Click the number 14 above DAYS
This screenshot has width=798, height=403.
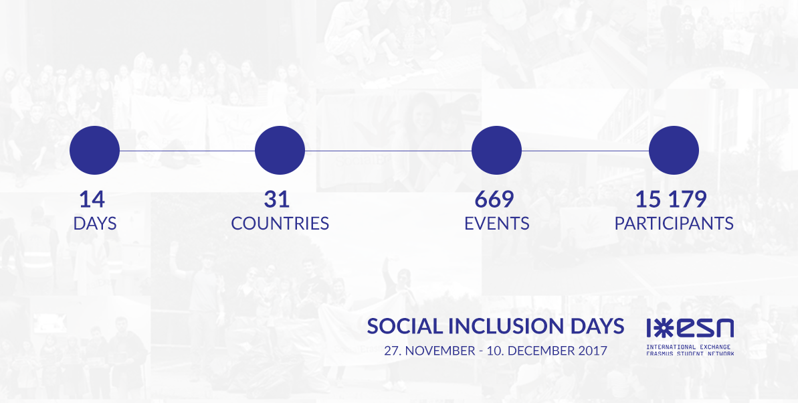coord(92,199)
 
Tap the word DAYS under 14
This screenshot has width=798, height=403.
coord(95,223)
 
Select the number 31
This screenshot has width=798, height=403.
coord(277,199)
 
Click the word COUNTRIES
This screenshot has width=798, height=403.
coord(280,223)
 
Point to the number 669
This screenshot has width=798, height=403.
coord(494,199)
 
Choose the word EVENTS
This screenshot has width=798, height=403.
coord(497,223)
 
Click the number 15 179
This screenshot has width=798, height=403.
coord(671,199)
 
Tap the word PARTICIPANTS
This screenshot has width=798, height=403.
coord(674,223)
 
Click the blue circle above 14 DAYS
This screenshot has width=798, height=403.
coord(95,151)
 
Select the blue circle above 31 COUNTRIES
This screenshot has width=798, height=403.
coord(280,151)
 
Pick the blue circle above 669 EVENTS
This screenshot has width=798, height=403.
coord(497,151)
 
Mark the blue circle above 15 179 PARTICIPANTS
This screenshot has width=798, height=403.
coord(674,151)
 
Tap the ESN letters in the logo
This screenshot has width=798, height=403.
coord(702,329)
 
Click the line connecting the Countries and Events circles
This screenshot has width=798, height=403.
coord(389,151)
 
